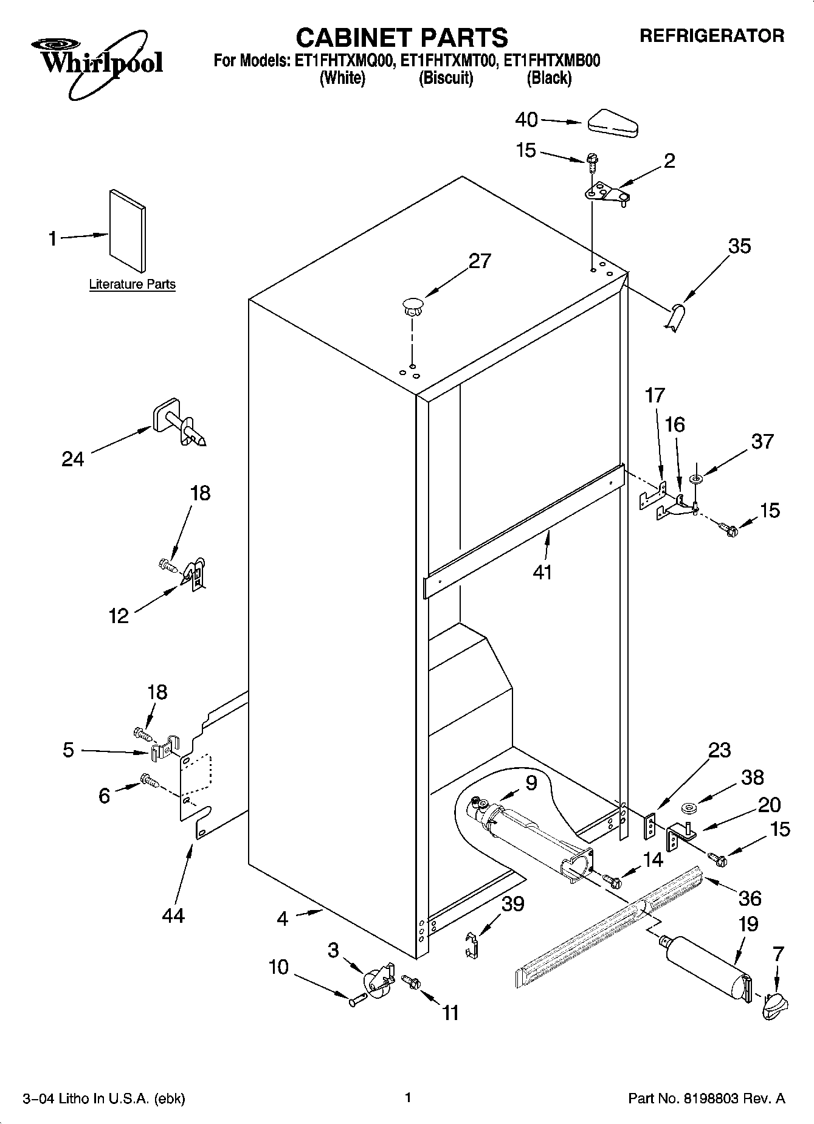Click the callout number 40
[x=526, y=120]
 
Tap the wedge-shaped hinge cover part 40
[x=612, y=123]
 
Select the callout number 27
[x=480, y=261]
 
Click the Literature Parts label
[x=132, y=284]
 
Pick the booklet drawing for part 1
[x=128, y=230]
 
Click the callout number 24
[x=72, y=458]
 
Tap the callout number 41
[x=542, y=571]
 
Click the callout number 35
[x=740, y=246]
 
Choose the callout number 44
[x=173, y=915]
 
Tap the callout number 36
[x=750, y=898]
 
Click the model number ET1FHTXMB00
[x=553, y=61]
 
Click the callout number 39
[x=512, y=904]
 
